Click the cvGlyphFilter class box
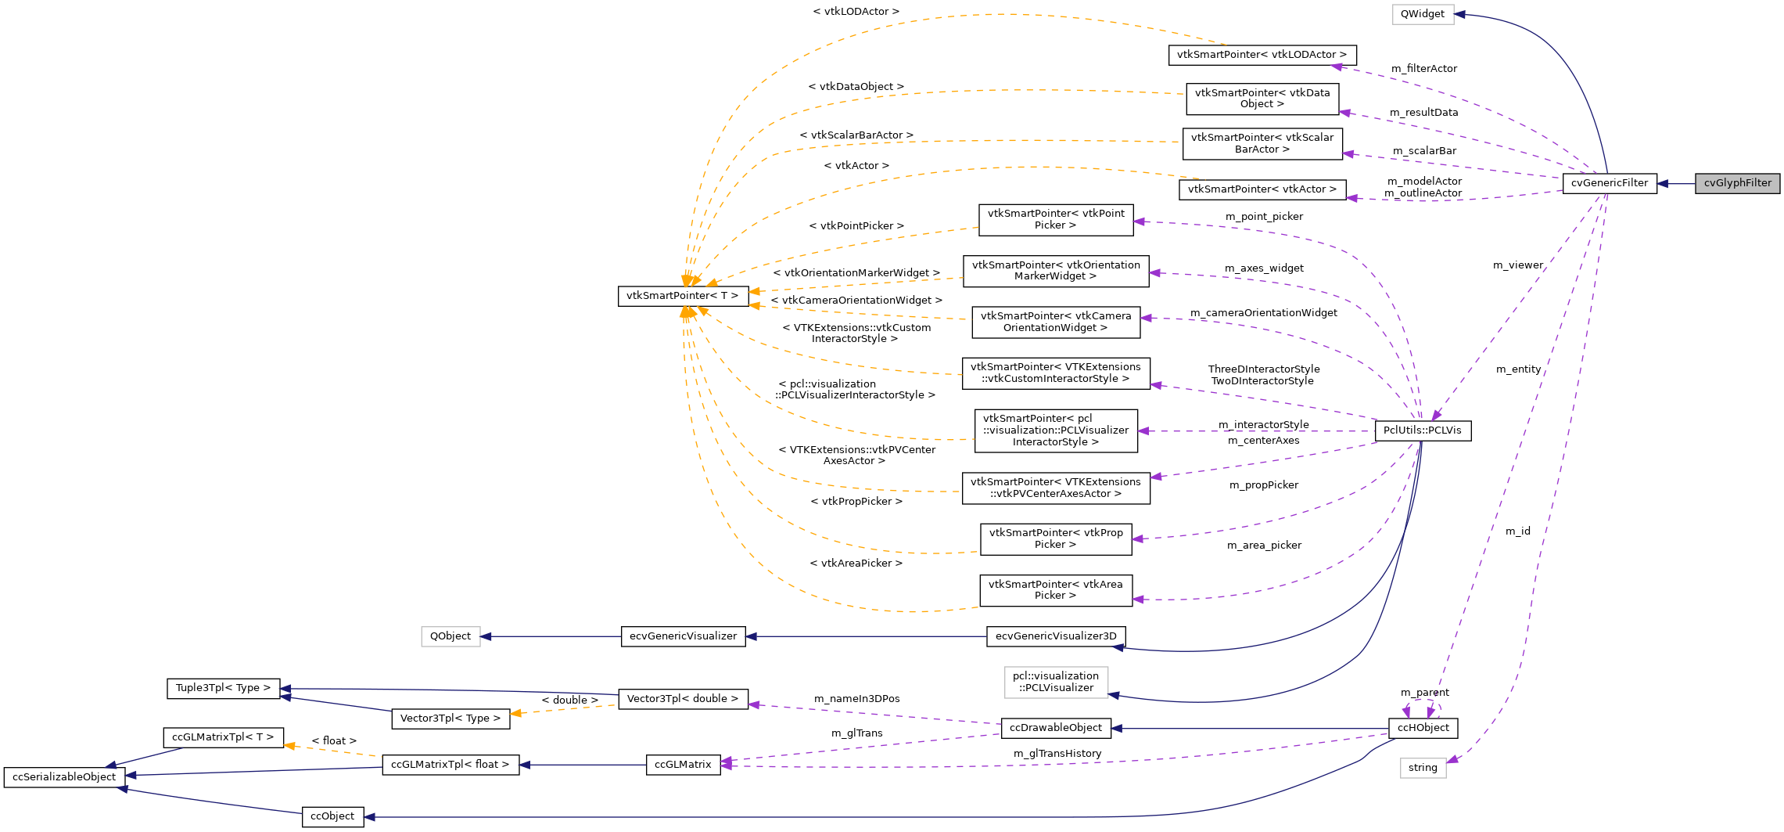coord(1737,183)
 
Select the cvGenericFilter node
coord(1609,183)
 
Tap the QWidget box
coord(1422,14)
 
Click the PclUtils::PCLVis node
coord(1422,430)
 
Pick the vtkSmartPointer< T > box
coord(682,296)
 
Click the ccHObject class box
coord(1423,728)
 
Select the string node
coord(1422,768)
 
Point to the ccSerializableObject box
coord(64,777)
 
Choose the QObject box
coord(450,636)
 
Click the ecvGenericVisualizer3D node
coord(1055,636)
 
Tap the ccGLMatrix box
coord(683,765)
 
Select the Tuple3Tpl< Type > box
coord(223,688)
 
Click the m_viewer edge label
coord(1517,265)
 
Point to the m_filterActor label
coord(1423,69)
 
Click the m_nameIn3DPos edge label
coord(856,699)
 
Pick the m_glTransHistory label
coord(1057,754)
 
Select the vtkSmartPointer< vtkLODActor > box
coord(1261,55)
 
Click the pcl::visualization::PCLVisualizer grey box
coord(1055,682)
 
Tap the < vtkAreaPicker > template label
coord(856,564)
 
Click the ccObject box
coord(332,816)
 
